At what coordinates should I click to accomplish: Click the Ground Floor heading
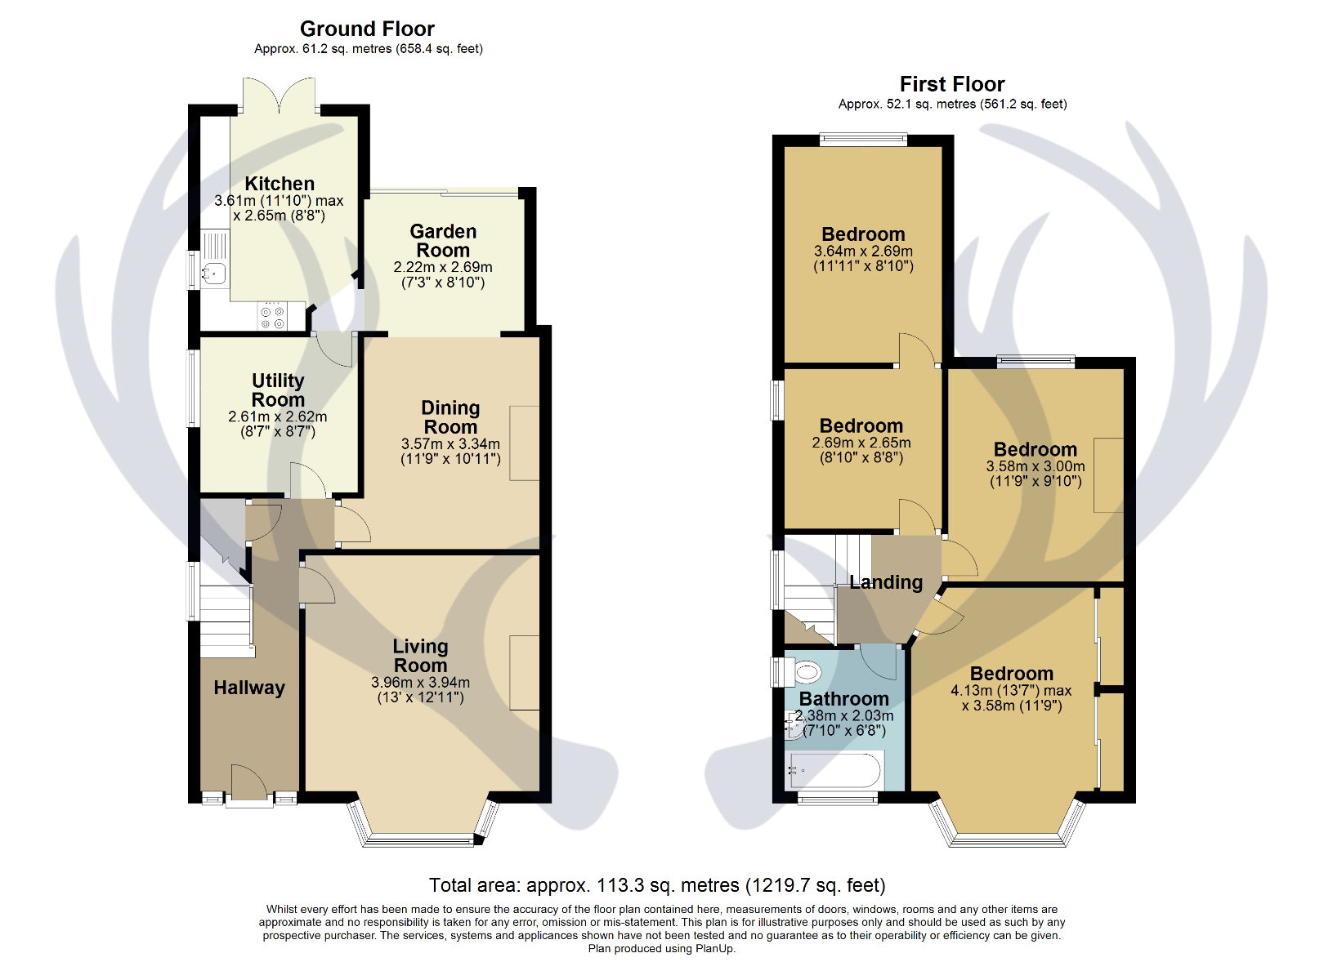(367, 29)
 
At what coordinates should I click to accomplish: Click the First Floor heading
(952, 85)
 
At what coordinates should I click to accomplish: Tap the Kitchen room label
(280, 185)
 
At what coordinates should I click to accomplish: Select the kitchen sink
(213, 274)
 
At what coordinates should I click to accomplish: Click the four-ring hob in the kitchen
(272, 316)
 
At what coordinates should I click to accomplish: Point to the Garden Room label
(443, 241)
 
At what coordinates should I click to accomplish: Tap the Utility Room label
(278, 390)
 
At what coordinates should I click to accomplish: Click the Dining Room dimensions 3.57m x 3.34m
(450, 444)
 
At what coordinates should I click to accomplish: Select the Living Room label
(420, 656)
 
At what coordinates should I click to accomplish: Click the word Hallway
(249, 688)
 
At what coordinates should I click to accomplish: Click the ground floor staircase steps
(226, 621)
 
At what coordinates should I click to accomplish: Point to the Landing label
(886, 583)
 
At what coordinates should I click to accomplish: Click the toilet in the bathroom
(804, 673)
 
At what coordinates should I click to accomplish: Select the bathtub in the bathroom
(834, 769)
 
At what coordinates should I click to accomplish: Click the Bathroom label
(843, 700)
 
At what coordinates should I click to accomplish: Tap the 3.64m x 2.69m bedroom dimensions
(863, 252)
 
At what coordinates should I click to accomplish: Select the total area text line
(657, 886)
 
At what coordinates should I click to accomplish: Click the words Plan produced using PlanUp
(661, 949)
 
